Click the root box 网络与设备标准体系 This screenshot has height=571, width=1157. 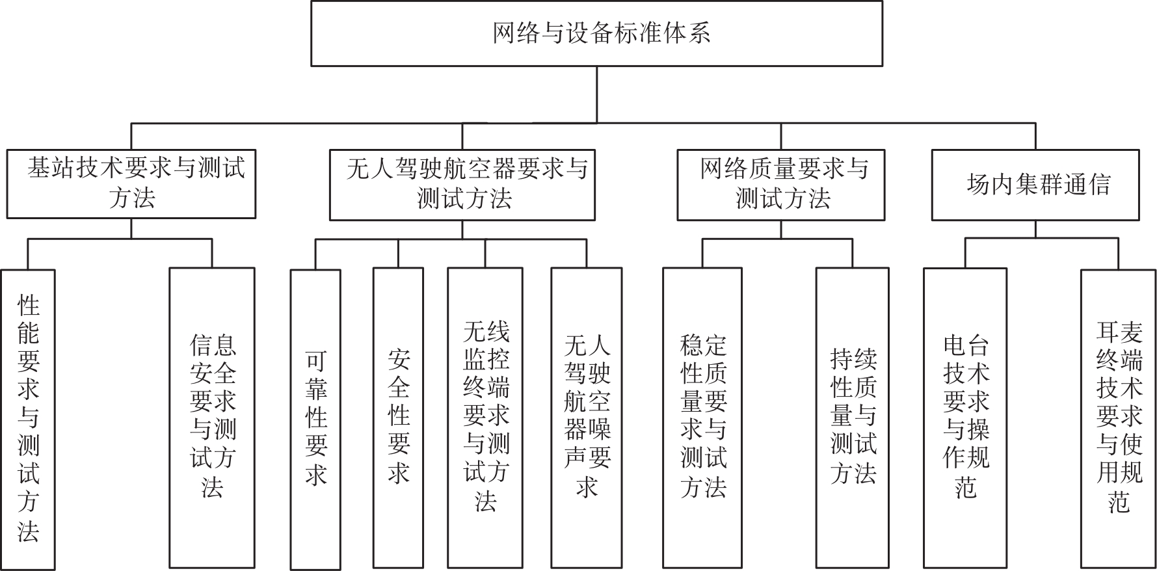pos(596,33)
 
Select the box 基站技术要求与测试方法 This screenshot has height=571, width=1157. pos(131,184)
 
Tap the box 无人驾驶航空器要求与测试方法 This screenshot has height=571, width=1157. pos(462,185)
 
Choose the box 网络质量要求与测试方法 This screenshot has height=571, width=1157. pos(780,185)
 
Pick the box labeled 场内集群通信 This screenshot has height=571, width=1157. pos(1035,185)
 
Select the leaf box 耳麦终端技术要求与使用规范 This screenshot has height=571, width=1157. pos(1119,418)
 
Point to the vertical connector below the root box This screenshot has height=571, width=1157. pos(597,95)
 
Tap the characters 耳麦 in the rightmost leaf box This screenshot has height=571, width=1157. pos(1119,332)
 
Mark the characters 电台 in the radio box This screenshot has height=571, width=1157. pos(966,346)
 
